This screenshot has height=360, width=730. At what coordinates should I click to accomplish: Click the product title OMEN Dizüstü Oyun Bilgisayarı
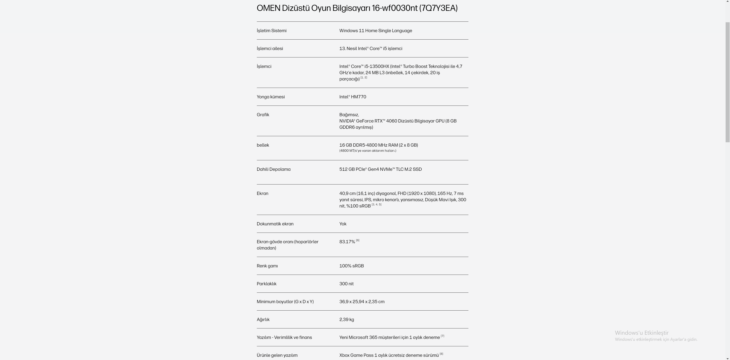pyautogui.click(x=357, y=8)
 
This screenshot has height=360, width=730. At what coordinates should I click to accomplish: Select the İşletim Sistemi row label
pyautogui.click(x=271, y=31)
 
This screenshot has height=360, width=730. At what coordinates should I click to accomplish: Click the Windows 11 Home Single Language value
pyautogui.click(x=375, y=31)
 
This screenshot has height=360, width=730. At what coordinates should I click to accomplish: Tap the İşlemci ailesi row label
pyautogui.click(x=270, y=48)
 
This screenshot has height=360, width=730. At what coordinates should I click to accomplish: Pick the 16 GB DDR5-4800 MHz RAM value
pyautogui.click(x=378, y=145)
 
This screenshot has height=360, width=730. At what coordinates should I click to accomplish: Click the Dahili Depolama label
pyautogui.click(x=274, y=169)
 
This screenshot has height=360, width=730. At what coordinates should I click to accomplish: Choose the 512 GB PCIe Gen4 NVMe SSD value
pyautogui.click(x=380, y=169)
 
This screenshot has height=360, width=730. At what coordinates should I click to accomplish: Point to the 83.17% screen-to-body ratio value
pyautogui.click(x=347, y=242)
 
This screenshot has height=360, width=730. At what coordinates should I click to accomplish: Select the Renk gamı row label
pyautogui.click(x=267, y=266)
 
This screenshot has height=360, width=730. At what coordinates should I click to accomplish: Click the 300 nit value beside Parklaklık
pyautogui.click(x=346, y=284)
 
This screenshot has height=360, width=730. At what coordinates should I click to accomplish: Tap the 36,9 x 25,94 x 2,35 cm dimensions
pyautogui.click(x=362, y=302)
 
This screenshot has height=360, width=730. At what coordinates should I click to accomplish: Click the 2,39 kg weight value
pyautogui.click(x=346, y=319)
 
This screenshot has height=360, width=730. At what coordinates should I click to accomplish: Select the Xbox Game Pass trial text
pyautogui.click(x=389, y=355)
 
